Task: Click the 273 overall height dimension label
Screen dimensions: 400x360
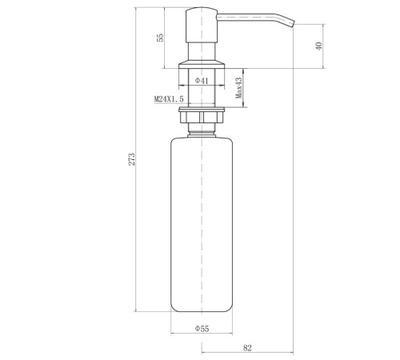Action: click(132, 159)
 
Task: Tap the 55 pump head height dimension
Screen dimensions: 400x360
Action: click(161, 38)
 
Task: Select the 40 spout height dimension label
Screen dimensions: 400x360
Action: click(319, 46)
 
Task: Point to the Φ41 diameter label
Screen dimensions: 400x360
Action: click(202, 80)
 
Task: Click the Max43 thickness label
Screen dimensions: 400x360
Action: click(239, 88)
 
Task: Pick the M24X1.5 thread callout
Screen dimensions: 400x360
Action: click(169, 99)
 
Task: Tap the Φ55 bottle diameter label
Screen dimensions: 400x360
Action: click(202, 329)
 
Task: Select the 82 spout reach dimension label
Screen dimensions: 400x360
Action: click(247, 348)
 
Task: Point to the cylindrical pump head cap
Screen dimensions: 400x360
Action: click(202, 25)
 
